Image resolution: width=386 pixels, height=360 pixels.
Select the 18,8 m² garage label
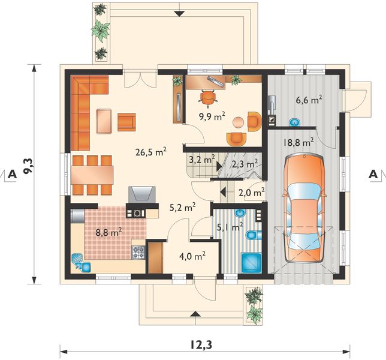pos(298,142)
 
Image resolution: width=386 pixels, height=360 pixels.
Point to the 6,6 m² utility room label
pos(309,100)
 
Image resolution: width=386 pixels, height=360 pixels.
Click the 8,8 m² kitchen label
pos(109,232)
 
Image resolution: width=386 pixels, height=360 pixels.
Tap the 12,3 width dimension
pos(201,345)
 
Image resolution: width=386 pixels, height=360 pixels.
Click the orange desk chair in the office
pos(208,98)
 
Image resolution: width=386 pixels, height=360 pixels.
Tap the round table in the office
pos(239,122)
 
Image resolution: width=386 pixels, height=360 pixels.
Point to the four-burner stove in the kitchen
pos(138,253)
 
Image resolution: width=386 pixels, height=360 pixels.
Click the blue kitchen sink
pos(82,263)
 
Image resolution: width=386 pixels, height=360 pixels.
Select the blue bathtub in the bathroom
pos(251,263)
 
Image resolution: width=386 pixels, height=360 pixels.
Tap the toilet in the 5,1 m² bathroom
pos(253,235)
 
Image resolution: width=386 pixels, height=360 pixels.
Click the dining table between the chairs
pos(92,175)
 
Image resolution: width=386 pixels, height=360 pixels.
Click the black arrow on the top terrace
pos(180,14)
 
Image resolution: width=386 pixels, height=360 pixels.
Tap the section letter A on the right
pos(373,175)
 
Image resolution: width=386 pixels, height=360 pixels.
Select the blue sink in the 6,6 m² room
pos(295,122)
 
